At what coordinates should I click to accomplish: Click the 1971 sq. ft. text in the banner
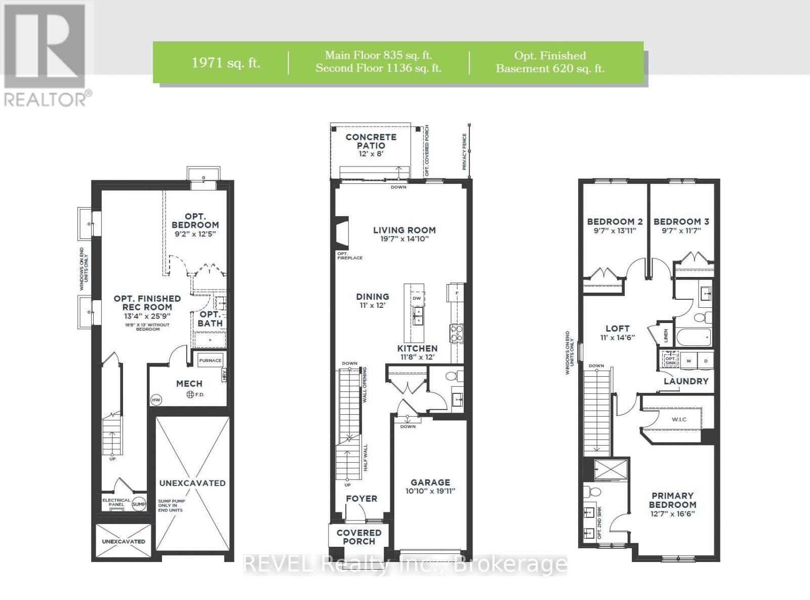pos(226,63)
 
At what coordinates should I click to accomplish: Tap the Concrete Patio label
pos(371,141)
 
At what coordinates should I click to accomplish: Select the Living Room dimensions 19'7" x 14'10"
pos(404,238)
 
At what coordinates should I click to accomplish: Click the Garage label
pos(430,483)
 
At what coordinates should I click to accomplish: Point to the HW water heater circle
pos(156,400)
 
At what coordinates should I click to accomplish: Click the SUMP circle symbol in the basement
pos(139,504)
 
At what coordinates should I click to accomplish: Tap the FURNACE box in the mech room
pos(210,361)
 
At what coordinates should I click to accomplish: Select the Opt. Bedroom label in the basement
pos(195,221)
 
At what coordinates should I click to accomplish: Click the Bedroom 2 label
pos(615,221)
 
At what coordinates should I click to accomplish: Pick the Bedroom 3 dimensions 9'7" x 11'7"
pos(681,230)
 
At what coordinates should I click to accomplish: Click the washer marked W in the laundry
pos(688,361)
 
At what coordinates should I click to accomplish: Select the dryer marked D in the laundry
pos(706,361)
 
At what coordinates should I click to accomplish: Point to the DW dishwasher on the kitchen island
pos(417,298)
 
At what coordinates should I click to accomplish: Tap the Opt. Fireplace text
pos(349,256)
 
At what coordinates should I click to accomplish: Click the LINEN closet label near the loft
pos(666,335)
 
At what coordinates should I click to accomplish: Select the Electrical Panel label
pos(116,502)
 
